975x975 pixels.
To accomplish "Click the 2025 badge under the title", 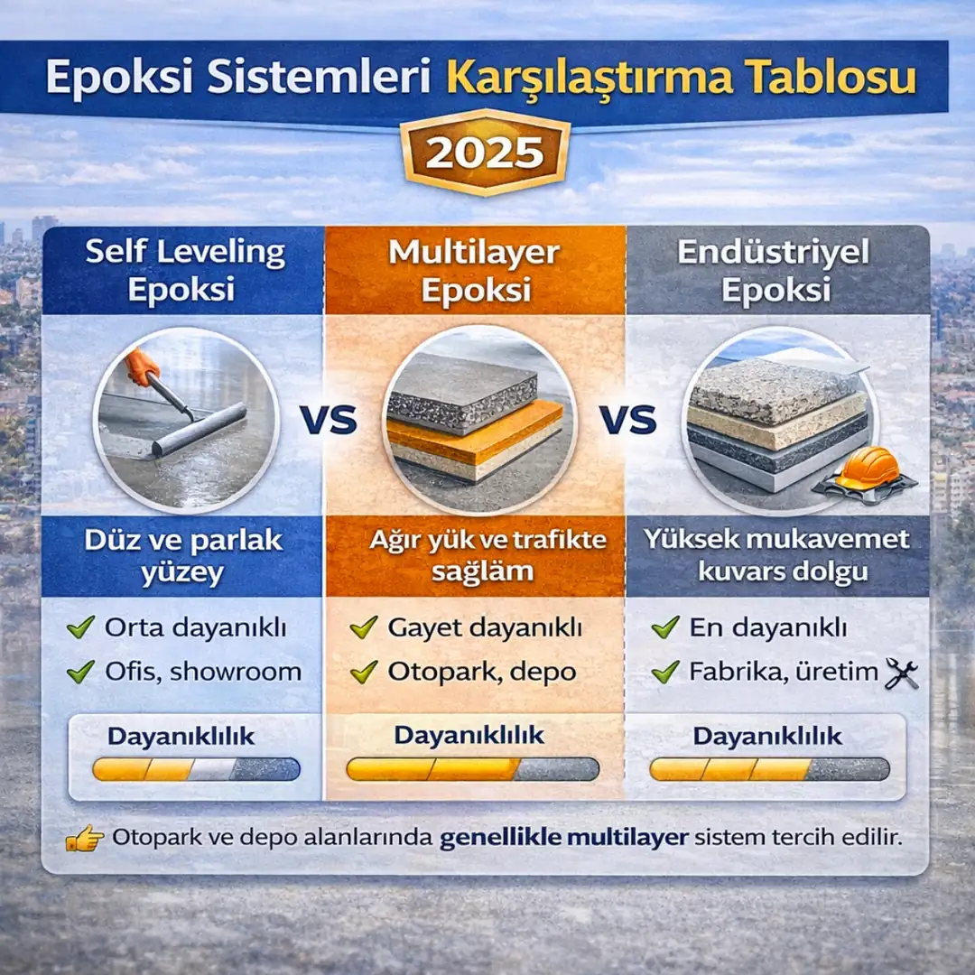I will coord(486,153).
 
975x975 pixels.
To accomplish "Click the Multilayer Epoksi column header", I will coord(475,270).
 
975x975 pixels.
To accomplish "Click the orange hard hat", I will coord(868,469).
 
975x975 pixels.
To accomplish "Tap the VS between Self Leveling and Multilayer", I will coord(328,421).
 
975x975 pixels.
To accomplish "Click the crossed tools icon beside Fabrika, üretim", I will coord(902,673).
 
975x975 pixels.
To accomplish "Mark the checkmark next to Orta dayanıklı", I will coord(81,627).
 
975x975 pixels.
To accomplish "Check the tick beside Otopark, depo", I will coord(364,672).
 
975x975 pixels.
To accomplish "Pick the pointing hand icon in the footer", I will coord(85,839).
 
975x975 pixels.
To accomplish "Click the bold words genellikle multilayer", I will coord(564,837).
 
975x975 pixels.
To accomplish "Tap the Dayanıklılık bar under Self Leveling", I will coord(197,769).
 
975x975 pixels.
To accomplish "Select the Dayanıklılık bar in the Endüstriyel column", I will coord(769,769).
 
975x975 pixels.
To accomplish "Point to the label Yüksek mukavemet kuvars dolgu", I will coord(776,556).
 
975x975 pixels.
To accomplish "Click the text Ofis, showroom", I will coord(203,672).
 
